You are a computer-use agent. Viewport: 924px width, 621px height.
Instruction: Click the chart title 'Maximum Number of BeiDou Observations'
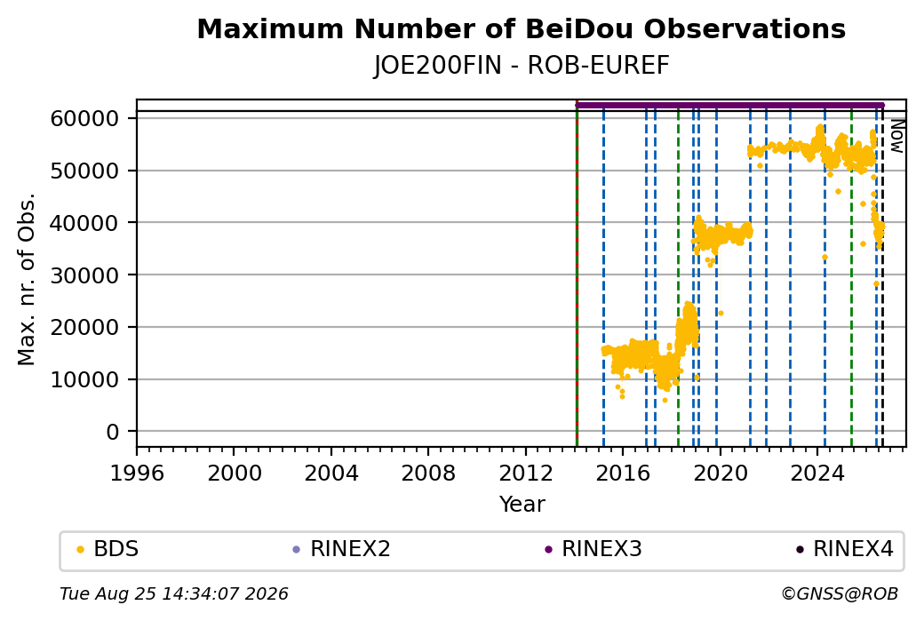click(521, 28)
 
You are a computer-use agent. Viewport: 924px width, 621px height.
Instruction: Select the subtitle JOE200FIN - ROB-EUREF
click(522, 66)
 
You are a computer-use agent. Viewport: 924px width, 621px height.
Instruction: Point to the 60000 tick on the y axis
click(85, 118)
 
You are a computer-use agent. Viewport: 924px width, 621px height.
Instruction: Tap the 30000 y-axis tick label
click(85, 275)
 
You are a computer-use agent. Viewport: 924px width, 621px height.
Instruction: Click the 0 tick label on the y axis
click(113, 432)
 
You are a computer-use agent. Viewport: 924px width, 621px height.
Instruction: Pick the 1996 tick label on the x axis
click(137, 474)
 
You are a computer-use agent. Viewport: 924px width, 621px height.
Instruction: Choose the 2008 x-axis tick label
click(428, 474)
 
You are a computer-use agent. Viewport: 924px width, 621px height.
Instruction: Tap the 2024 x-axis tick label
click(817, 474)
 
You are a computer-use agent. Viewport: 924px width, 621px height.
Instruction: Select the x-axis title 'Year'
click(522, 505)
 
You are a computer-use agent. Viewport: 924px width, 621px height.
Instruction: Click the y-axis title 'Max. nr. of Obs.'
click(27, 279)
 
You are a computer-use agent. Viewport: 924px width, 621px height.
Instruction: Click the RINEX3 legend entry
click(593, 549)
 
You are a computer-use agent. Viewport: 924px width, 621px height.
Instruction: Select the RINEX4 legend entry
click(845, 549)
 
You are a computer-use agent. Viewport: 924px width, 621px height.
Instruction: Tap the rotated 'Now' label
click(896, 136)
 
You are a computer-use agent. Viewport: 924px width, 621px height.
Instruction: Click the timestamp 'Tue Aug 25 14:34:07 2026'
click(174, 593)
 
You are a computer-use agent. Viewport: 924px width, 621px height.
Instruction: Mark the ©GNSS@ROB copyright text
click(840, 593)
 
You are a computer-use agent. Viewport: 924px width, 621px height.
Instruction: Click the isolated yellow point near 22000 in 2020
click(721, 314)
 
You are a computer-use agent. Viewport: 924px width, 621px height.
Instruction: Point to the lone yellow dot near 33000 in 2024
click(824, 257)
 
